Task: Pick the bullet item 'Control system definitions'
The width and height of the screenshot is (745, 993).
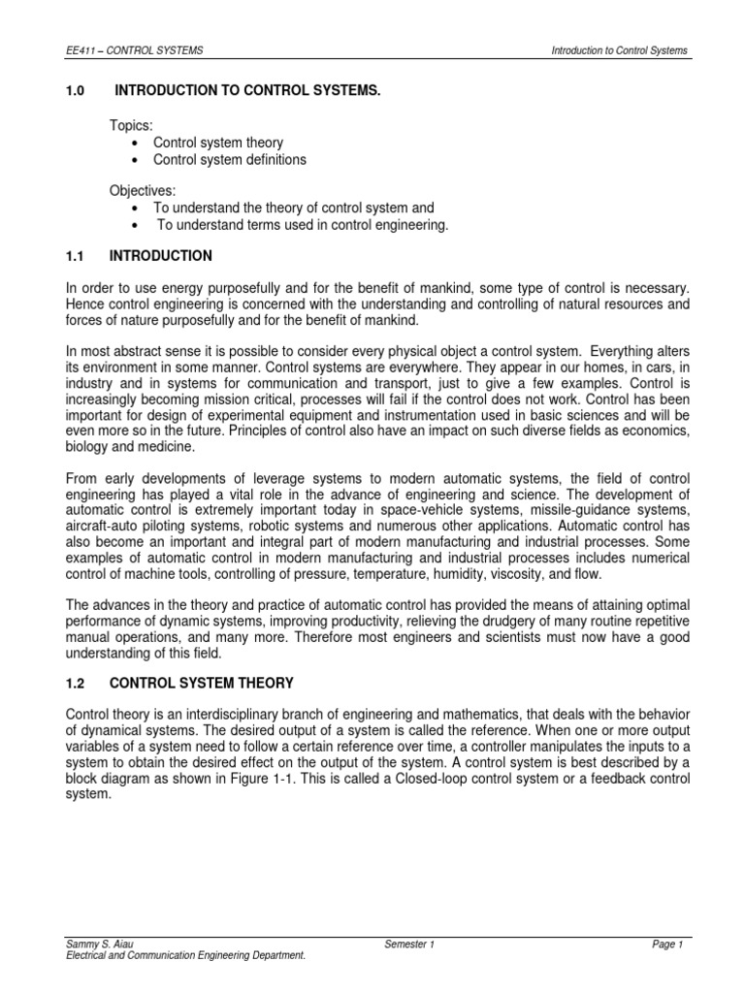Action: tap(230, 159)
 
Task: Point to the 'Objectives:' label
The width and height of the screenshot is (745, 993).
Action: tap(146, 191)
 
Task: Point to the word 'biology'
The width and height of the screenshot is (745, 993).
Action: tap(84, 447)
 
